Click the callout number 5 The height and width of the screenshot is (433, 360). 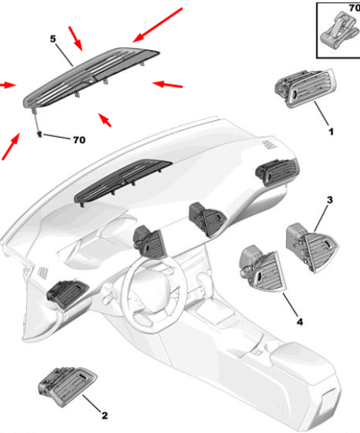tap(53, 39)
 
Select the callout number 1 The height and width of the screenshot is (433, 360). tap(331, 131)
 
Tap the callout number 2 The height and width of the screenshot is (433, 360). tap(105, 416)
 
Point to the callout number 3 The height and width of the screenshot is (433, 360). tap(329, 200)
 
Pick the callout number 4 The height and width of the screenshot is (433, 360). tap(300, 322)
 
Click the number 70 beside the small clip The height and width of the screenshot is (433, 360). tap(80, 140)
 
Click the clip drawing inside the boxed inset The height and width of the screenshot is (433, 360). tap(339, 31)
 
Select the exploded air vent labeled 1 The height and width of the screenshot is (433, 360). tap(306, 87)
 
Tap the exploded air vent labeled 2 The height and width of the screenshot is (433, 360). tap(67, 387)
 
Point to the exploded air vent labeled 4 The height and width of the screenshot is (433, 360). tap(262, 268)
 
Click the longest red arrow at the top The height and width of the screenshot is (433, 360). tap(158, 25)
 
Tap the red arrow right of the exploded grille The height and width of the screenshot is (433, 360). tap(167, 84)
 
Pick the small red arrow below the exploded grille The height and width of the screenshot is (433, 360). tap(105, 120)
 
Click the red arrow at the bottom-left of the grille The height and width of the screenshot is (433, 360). tap(11, 146)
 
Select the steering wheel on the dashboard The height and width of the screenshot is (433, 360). tap(150, 292)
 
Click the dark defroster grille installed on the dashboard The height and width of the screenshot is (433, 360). tap(123, 183)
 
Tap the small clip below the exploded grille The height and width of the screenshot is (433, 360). tap(39, 135)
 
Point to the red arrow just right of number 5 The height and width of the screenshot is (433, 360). tap(76, 39)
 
